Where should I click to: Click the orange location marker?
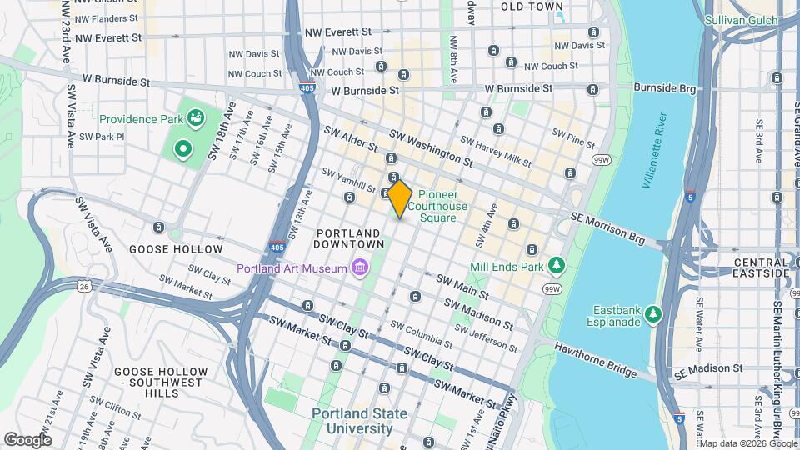400,198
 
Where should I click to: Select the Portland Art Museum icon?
359,267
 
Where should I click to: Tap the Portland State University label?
353,421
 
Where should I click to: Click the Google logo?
27,439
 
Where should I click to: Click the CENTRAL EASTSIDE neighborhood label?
749,267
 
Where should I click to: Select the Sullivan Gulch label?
740,20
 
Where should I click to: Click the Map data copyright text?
748,443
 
